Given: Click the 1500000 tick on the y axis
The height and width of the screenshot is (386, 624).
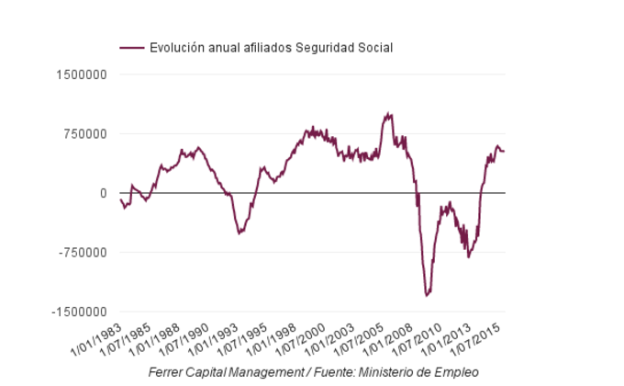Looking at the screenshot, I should pos(81,74).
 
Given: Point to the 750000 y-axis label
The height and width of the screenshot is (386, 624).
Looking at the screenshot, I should pos(84,134).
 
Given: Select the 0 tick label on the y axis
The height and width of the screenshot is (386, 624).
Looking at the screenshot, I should pos(104,193).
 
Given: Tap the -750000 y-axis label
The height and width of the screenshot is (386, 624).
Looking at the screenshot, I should pos(83,253).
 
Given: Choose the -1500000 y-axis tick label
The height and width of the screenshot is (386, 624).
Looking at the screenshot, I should pos(79,312).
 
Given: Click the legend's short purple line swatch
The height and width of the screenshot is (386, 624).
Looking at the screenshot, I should pos(132,47).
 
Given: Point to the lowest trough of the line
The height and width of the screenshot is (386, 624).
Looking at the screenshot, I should pos(427,295).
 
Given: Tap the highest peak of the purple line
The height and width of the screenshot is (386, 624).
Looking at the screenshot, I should pos(390,114).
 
